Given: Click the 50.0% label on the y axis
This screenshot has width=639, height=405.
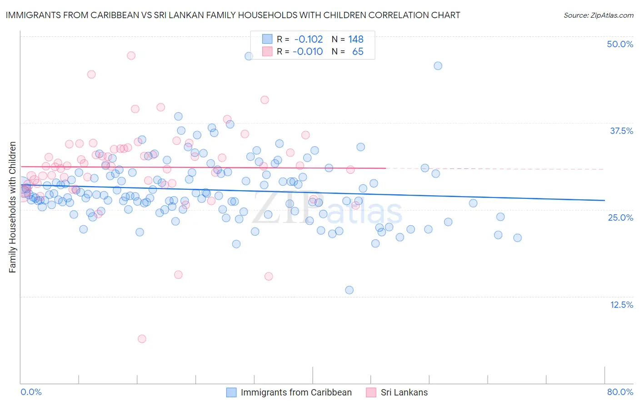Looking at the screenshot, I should pyautogui.click(x=620, y=44).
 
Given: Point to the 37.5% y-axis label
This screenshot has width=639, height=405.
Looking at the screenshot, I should pyautogui.click(x=621, y=131).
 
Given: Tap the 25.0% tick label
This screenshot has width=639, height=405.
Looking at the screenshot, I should pyautogui.click(x=620, y=217).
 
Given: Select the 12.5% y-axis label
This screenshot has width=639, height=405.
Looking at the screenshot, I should pyautogui.click(x=621, y=305).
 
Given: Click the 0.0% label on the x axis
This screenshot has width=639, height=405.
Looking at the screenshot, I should pyautogui.click(x=31, y=392).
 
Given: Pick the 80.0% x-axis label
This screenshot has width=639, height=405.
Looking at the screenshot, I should pyautogui.click(x=620, y=392).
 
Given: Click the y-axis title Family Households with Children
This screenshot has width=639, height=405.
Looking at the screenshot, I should pyautogui.click(x=13, y=207).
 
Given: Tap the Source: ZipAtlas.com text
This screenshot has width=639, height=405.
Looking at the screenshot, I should pyautogui.click(x=598, y=15).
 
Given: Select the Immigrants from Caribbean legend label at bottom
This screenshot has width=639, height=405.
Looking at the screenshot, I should pyautogui.click(x=296, y=392).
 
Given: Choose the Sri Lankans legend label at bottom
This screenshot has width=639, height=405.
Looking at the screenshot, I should pyautogui.click(x=404, y=392).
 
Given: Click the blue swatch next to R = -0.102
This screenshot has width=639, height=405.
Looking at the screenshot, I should pyautogui.click(x=267, y=39).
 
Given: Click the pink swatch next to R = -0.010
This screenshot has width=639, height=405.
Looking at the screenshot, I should pyautogui.click(x=267, y=51).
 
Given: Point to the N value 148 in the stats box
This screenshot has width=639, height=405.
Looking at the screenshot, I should pyautogui.click(x=356, y=39).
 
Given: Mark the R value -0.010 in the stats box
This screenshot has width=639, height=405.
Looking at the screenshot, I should pyautogui.click(x=308, y=51).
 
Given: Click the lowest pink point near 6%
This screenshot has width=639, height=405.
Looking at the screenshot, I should pyautogui.click(x=142, y=339).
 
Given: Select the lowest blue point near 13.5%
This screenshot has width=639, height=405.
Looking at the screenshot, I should pyautogui.click(x=349, y=290).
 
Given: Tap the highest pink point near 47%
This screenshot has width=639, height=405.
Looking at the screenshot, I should pyautogui.click(x=131, y=55).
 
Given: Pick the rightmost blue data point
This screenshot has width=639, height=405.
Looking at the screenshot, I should pyautogui.click(x=517, y=237).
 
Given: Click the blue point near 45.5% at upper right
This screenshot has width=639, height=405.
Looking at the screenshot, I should pyautogui.click(x=438, y=66).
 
